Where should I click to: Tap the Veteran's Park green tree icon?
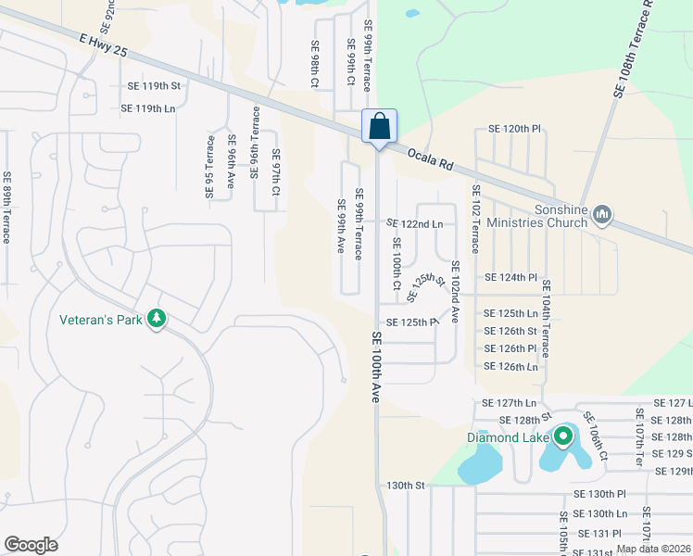157,319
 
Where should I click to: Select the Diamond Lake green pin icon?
562,436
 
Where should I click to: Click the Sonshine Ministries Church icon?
602,215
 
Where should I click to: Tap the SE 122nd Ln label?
414,224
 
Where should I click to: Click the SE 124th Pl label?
510,277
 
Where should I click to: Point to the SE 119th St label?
153,86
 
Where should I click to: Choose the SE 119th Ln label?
148,108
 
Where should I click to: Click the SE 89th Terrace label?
7,208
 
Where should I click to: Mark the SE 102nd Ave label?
456,292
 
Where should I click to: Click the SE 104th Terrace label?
547,319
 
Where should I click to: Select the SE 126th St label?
510,331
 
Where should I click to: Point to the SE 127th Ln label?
510,403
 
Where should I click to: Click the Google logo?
31,545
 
